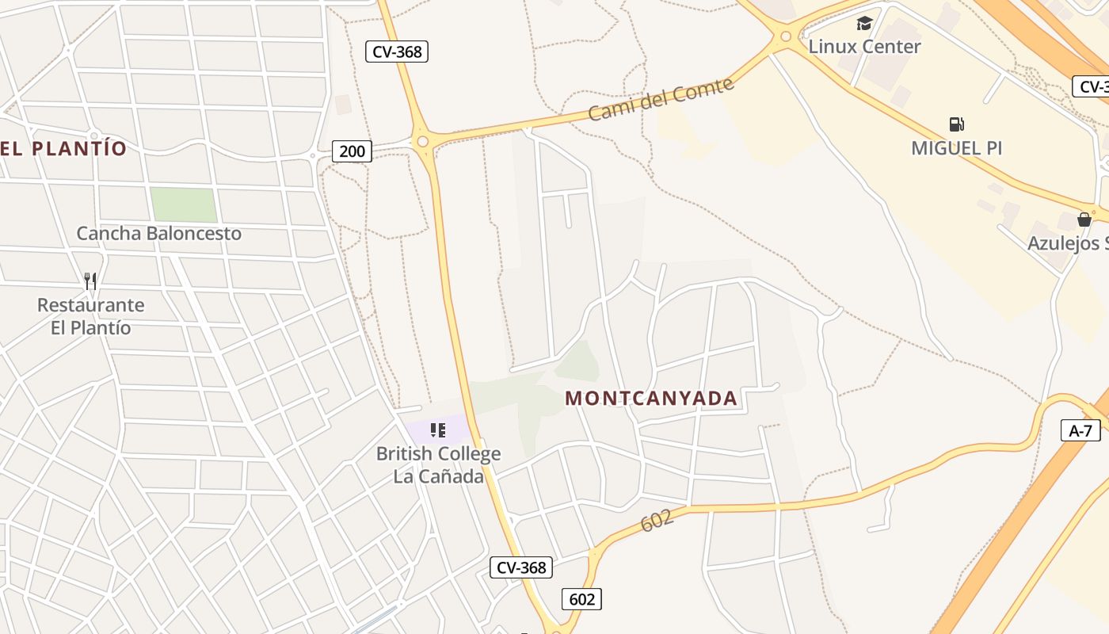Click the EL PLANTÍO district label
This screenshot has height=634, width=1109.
click(63, 148)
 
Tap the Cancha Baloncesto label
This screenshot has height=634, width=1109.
click(158, 233)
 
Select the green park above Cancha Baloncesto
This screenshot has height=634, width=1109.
click(184, 204)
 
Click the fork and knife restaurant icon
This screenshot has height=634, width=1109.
click(90, 281)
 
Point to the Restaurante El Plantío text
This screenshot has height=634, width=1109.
click(90, 316)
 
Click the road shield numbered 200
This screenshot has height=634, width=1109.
click(352, 151)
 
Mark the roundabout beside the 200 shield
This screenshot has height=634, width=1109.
click(423, 142)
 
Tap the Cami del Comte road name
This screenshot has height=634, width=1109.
click(661, 99)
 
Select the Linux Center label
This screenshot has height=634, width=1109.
click(864, 46)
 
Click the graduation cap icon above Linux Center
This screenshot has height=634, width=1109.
click(864, 23)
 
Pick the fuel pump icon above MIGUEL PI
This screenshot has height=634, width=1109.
click(956, 124)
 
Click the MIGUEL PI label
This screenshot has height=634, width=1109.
click(956, 147)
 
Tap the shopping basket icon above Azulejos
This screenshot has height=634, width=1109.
click(1084, 220)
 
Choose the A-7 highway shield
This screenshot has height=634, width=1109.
click(1080, 430)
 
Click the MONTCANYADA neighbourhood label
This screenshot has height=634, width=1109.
click(651, 398)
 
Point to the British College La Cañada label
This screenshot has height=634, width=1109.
click(438, 464)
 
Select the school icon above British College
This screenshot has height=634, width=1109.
click(437, 430)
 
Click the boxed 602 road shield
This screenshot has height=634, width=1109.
click(581, 598)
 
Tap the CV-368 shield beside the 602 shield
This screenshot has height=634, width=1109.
click(521, 567)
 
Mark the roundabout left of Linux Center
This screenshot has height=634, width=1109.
click(785, 36)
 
